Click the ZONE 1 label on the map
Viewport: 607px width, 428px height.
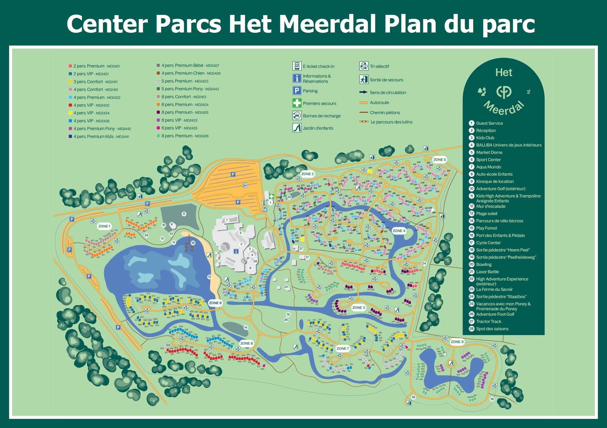pyautogui.click(x=104, y=226)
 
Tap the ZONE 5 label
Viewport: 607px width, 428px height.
pyautogui.click(x=439, y=160)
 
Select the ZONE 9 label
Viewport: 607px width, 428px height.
pyautogui.click(x=457, y=342)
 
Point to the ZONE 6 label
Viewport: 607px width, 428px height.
pyautogui.click(x=215, y=303)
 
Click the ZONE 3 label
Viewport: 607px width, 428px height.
pyautogui.click(x=358, y=307)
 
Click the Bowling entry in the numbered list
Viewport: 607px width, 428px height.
pyautogui.click(x=483, y=264)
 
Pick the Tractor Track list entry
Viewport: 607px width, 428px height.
pyautogui.click(x=488, y=321)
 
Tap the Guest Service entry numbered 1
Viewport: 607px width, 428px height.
pyautogui.click(x=489, y=123)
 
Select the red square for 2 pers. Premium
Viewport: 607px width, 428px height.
pyautogui.click(x=70, y=66)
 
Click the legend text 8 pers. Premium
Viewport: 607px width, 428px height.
pyautogui.click(x=185, y=136)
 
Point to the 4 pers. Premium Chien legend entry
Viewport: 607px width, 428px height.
pyautogui.click(x=191, y=73)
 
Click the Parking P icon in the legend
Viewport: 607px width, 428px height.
pyautogui.click(x=297, y=90)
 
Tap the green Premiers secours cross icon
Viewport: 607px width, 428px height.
pyautogui.click(x=297, y=103)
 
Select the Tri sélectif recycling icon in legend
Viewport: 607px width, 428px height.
pyautogui.click(x=364, y=66)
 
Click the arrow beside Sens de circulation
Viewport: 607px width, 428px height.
pyautogui.click(x=363, y=92)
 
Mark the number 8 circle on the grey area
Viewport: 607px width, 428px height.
pyautogui.click(x=184, y=214)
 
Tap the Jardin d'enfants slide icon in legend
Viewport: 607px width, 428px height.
pyautogui.click(x=297, y=128)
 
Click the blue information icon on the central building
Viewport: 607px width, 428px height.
pyautogui.click(x=236, y=251)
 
